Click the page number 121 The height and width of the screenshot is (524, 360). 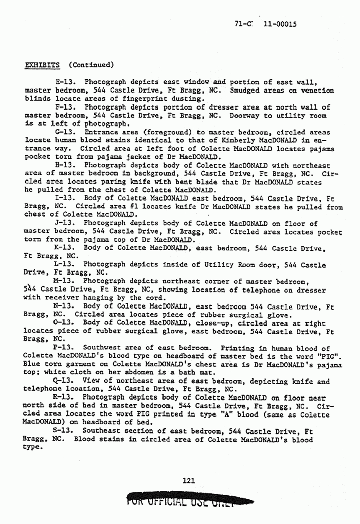coord(190,481)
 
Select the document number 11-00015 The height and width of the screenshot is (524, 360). coord(280,24)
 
